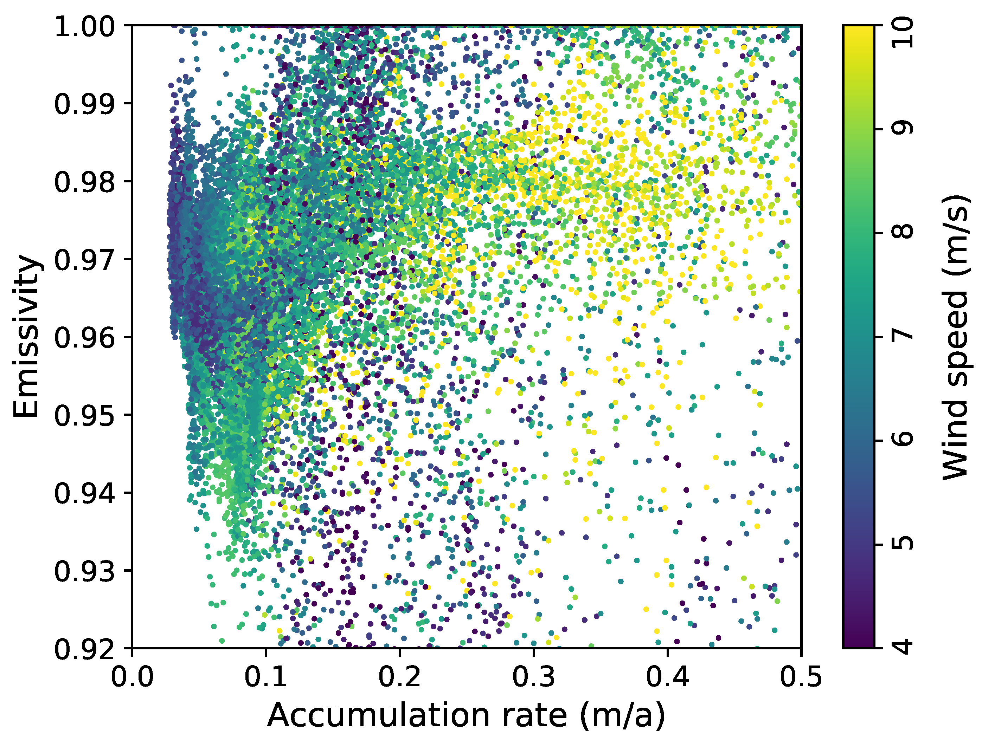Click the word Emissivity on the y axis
point(27,336)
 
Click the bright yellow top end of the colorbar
point(859,31)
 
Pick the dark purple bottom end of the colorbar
point(859,643)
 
